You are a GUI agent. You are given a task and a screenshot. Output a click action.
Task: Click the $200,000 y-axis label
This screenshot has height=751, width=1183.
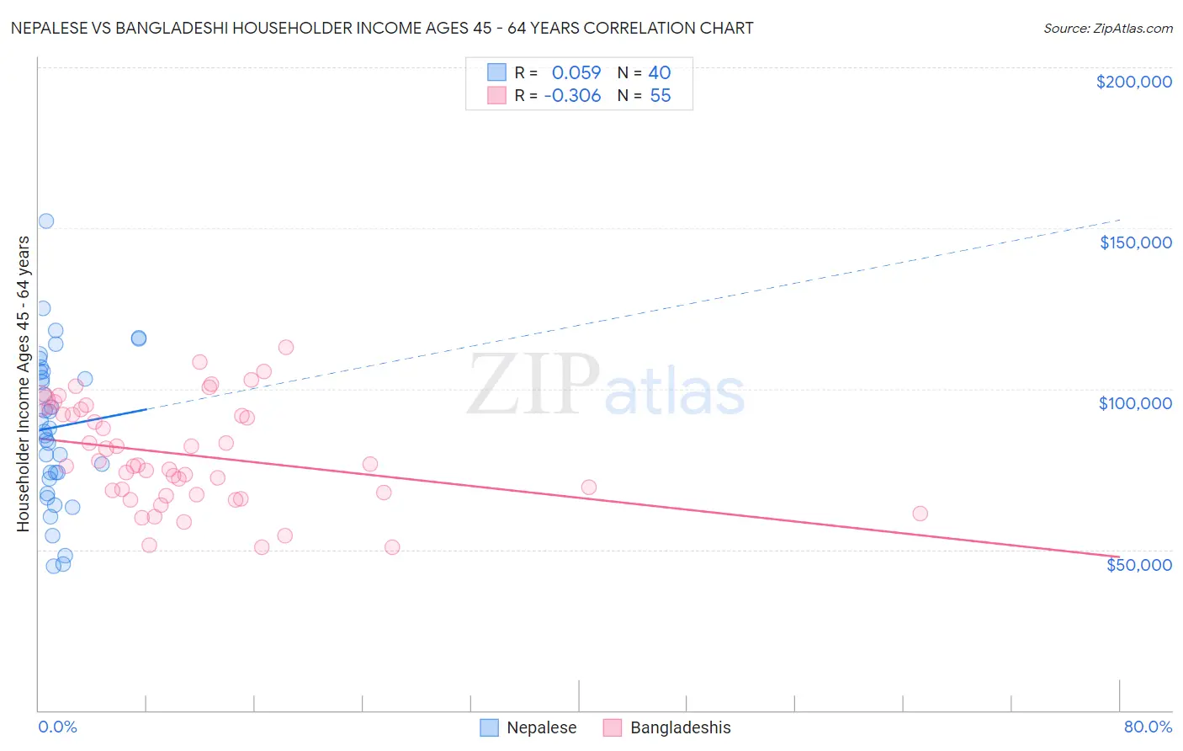tap(1133, 82)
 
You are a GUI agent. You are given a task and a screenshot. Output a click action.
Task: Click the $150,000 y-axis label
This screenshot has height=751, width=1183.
tap(1135, 242)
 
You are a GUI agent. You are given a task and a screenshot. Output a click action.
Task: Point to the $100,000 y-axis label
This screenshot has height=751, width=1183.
tap(1135, 403)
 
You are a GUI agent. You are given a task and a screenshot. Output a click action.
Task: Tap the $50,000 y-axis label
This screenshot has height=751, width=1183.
tap(1138, 565)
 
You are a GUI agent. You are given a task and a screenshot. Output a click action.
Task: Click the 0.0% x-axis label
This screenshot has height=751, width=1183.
tap(57, 727)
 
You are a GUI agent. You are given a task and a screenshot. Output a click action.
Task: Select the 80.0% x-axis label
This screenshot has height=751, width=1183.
tap(1148, 727)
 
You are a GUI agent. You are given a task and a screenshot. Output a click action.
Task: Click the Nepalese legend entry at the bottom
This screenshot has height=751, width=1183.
tap(528, 727)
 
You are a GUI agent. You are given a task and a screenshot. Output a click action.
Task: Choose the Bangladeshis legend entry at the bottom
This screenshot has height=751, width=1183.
tap(667, 727)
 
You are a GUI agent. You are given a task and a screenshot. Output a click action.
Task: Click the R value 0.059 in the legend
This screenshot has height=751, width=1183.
tap(576, 72)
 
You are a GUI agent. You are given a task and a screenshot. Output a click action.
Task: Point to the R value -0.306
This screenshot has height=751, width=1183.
tap(572, 96)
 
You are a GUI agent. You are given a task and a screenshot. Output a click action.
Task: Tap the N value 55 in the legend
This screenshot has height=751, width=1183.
tap(660, 96)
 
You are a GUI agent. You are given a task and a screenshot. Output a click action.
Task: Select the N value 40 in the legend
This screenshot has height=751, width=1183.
tap(660, 72)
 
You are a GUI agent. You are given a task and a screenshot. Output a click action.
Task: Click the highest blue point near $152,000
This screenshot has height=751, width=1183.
tap(46, 221)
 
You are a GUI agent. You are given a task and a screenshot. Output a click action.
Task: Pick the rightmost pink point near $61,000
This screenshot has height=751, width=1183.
tap(920, 514)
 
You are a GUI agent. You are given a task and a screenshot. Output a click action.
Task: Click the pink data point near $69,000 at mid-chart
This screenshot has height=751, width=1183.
tap(589, 487)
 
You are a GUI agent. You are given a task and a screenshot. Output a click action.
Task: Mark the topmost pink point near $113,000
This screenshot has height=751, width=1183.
tap(286, 347)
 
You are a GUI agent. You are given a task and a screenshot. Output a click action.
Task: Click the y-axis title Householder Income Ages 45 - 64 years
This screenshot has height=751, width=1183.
tap(24, 384)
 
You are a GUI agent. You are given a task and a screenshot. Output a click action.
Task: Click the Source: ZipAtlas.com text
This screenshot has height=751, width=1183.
tap(1107, 29)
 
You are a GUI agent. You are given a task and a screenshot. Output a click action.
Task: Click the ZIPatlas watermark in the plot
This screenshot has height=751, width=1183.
tap(606, 386)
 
